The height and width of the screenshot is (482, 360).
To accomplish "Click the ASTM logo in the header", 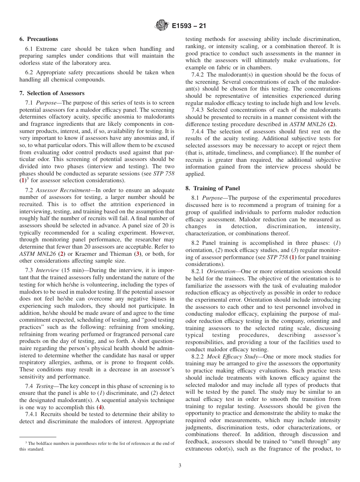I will click(162, 26).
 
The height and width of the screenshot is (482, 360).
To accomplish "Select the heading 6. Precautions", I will click(39, 39).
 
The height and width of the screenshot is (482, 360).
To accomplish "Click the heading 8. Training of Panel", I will click(213, 188).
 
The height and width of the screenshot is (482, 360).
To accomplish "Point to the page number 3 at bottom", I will click(180, 466).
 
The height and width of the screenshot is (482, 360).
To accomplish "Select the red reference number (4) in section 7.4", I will click(100, 407).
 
